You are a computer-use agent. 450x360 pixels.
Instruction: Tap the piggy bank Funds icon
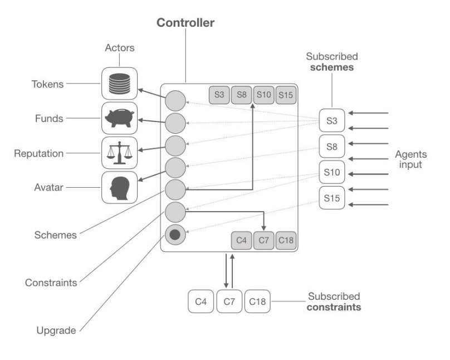pos(119,118)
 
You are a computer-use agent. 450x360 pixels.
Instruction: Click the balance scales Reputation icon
pos(119,152)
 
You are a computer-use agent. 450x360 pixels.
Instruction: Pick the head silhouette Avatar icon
pos(119,187)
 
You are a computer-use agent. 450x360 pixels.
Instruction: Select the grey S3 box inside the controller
pos(219,95)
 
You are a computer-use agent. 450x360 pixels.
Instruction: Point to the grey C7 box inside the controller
pos(264,240)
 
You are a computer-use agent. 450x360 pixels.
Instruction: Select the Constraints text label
pos(51,283)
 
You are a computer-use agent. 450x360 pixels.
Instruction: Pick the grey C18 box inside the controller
pos(286,240)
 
